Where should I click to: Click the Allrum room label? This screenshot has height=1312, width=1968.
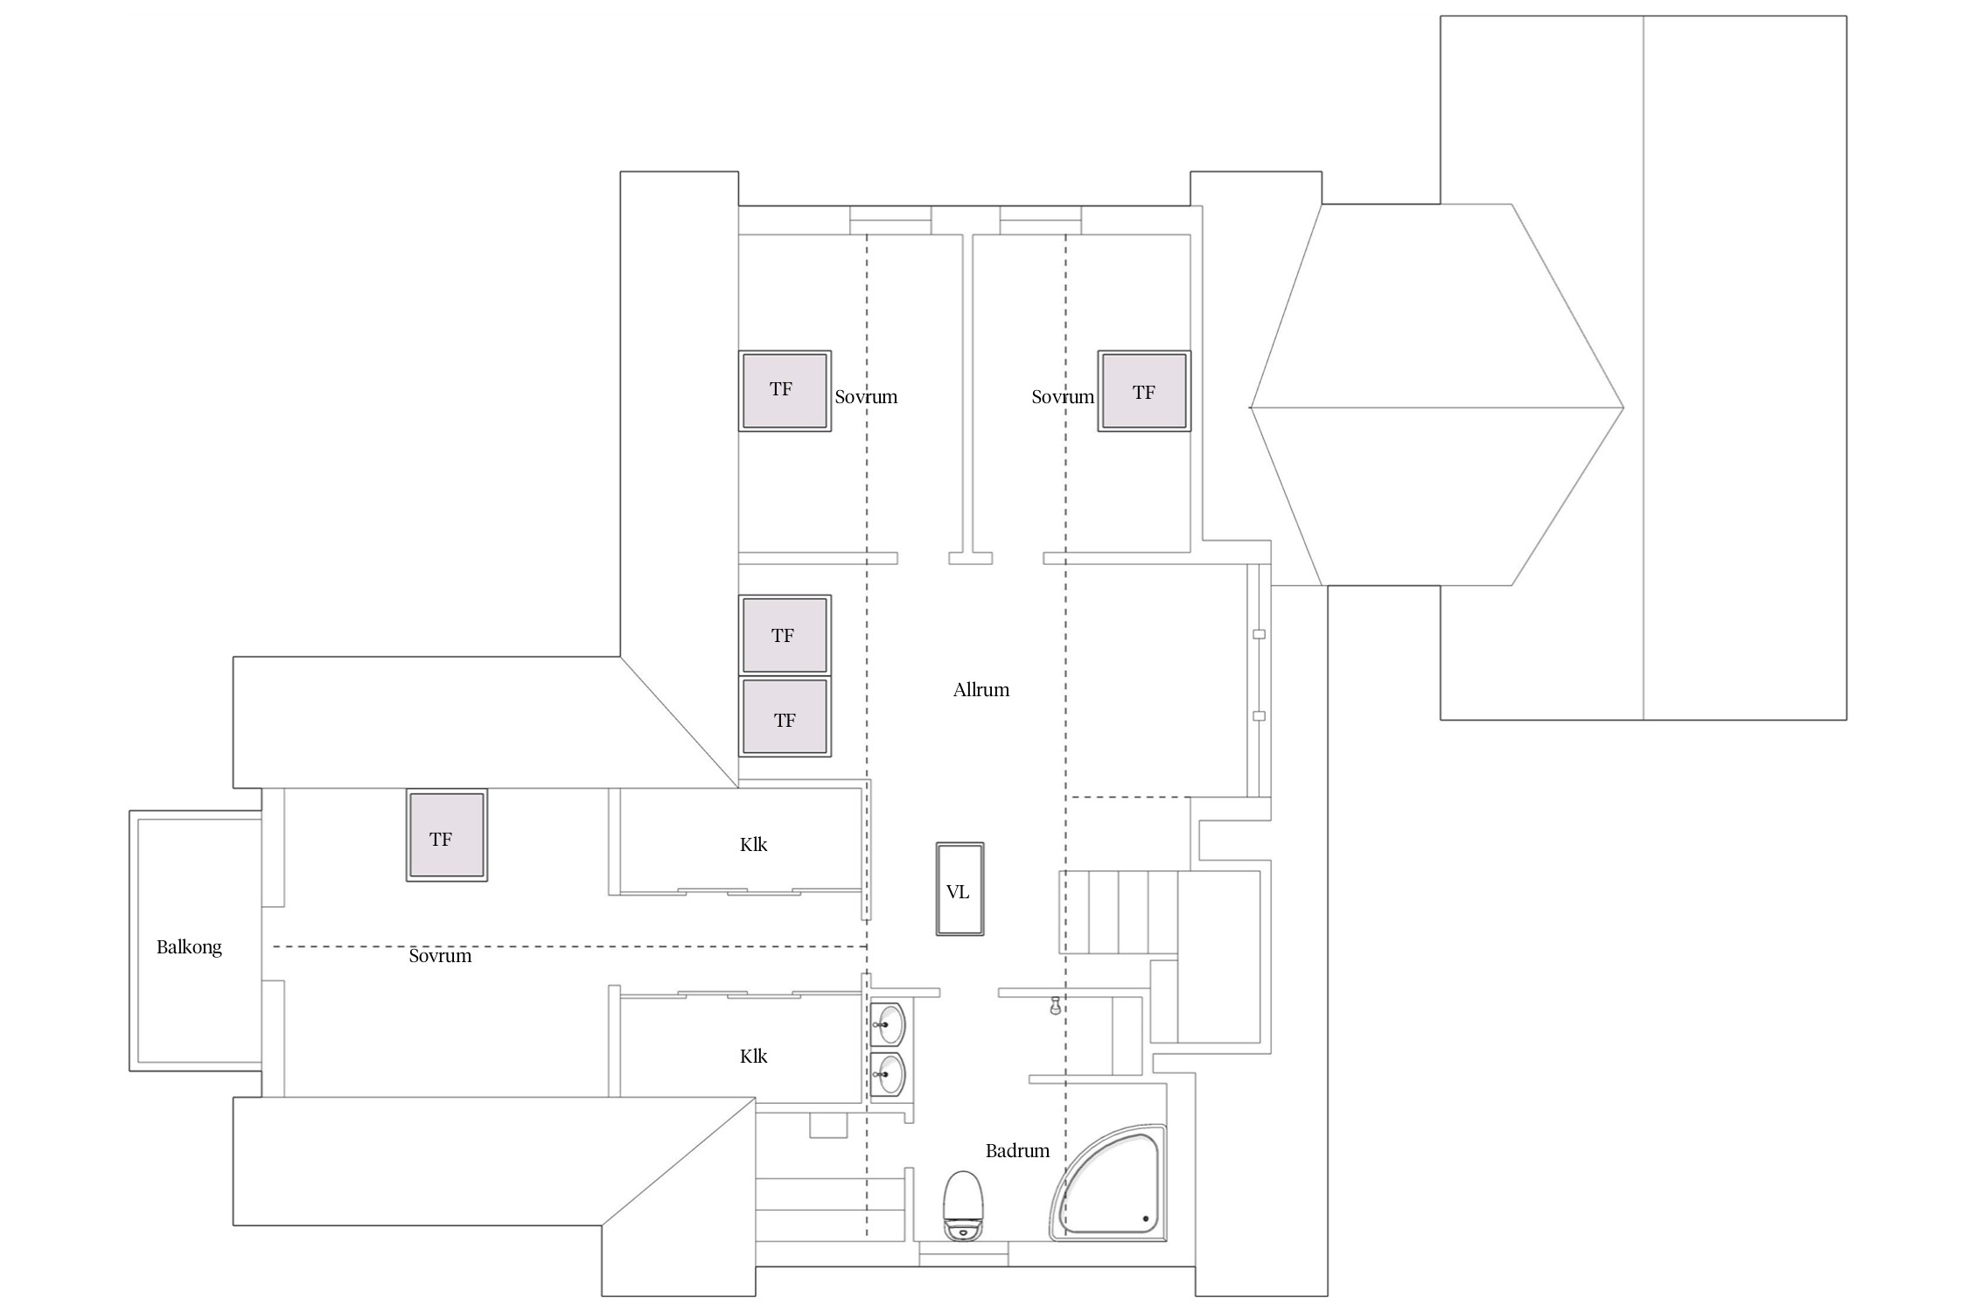tap(981, 690)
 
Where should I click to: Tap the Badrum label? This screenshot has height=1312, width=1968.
tap(1017, 1151)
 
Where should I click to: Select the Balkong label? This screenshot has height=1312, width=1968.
tap(189, 947)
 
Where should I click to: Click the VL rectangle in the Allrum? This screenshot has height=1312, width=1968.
tap(960, 889)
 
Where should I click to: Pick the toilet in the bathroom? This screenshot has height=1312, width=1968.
tap(963, 1204)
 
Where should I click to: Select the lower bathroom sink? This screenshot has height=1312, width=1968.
tap(888, 1074)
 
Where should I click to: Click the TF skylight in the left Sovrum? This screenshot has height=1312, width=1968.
tap(785, 391)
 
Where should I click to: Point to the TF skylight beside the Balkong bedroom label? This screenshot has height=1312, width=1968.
tap(446, 835)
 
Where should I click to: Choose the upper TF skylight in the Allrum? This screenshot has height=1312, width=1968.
tap(785, 635)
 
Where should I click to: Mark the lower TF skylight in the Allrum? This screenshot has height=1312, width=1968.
tap(785, 717)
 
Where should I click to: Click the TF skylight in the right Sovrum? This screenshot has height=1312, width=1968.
tap(1144, 391)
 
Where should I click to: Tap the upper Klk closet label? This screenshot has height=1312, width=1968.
tap(753, 845)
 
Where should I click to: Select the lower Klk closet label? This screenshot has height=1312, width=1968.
tap(753, 1057)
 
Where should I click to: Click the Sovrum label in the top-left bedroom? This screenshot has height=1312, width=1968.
tap(866, 397)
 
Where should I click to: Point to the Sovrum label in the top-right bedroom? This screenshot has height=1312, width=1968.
tap(1063, 397)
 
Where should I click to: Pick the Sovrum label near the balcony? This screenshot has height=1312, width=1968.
tap(440, 956)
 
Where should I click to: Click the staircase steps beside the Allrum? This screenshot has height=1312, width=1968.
tap(1118, 912)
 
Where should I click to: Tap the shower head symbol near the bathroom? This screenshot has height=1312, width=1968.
tap(1056, 1005)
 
